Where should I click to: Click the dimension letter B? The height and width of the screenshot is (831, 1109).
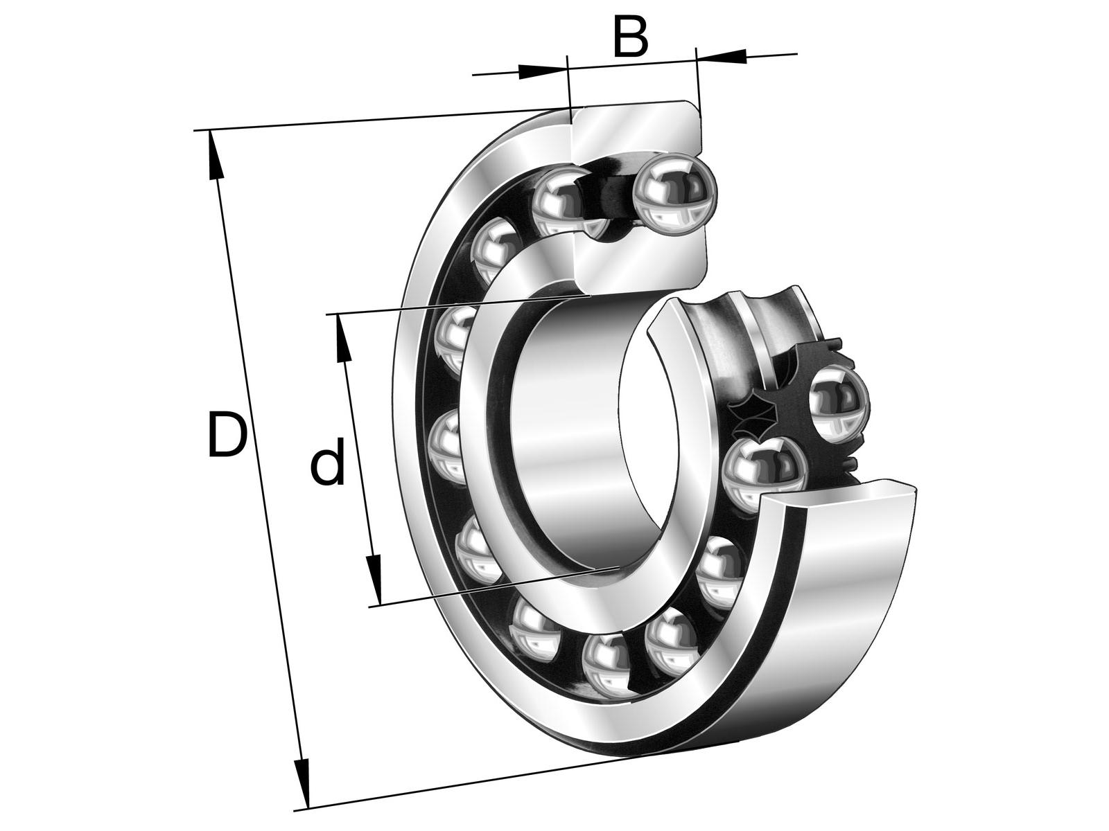click(x=630, y=38)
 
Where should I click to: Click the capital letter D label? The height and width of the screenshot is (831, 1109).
click(x=227, y=434)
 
